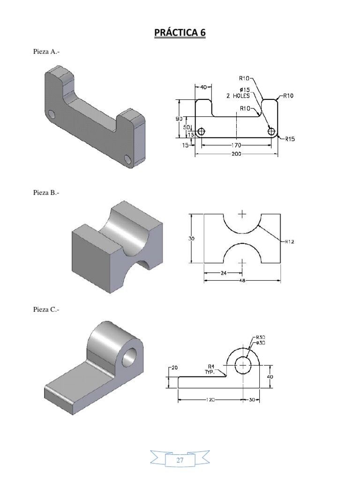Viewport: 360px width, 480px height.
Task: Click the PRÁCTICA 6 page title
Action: [x=180, y=33]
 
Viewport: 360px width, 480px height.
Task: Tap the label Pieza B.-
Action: [x=46, y=192]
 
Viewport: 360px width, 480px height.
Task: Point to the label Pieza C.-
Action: [x=46, y=309]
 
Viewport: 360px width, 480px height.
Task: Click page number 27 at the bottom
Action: [x=180, y=460]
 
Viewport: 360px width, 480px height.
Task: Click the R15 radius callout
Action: [x=288, y=139]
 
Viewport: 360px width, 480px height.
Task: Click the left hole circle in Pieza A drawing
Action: [x=201, y=132]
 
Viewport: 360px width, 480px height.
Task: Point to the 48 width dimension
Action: [x=242, y=281]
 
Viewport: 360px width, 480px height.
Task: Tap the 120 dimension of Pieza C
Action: [x=210, y=400]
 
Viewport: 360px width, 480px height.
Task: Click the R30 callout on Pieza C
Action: [x=261, y=337]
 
